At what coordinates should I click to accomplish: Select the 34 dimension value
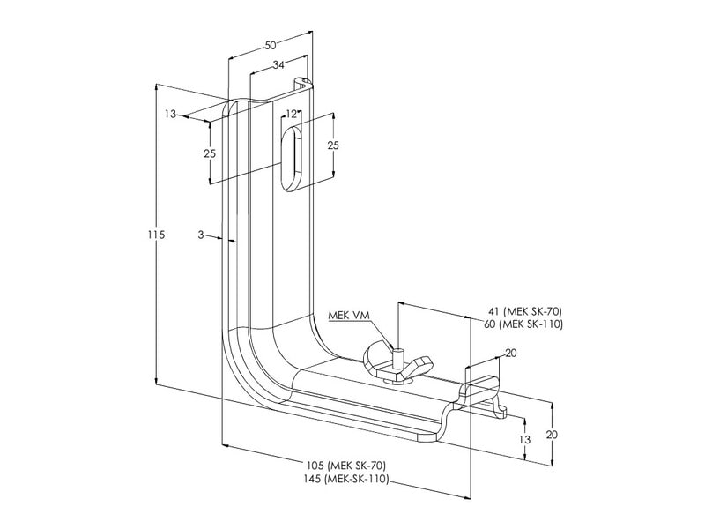point(278,64)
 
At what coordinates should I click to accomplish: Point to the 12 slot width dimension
point(292,115)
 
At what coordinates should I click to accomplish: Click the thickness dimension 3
point(202,235)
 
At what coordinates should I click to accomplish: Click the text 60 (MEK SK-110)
point(526,324)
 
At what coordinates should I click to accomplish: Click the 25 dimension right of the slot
point(332,145)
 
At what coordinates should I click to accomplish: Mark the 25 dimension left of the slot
point(210,153)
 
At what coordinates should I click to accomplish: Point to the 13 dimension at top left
point(170,114)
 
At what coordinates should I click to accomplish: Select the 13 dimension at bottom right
point(524,439)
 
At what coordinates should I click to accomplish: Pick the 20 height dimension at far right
point(552,435)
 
